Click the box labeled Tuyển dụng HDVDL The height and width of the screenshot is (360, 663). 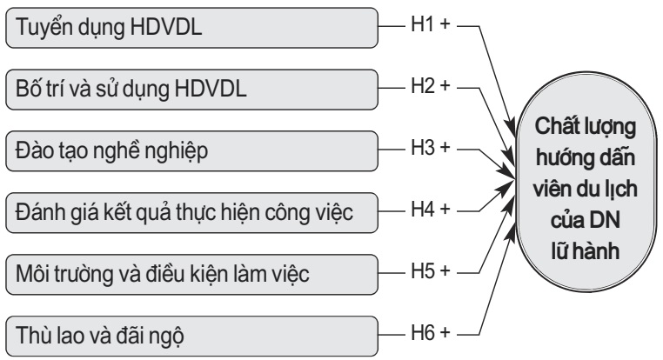[191, 28]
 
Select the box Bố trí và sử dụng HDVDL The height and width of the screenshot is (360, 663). [191, 89]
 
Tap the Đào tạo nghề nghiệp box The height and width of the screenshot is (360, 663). [191, 150]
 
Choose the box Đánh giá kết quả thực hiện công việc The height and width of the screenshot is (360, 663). [191, 210]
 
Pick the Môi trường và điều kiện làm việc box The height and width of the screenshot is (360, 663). [191, 271]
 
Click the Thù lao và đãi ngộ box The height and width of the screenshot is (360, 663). [191, 333]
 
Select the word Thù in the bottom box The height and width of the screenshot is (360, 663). [31, 333]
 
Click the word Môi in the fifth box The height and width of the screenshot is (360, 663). [32, 271]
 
